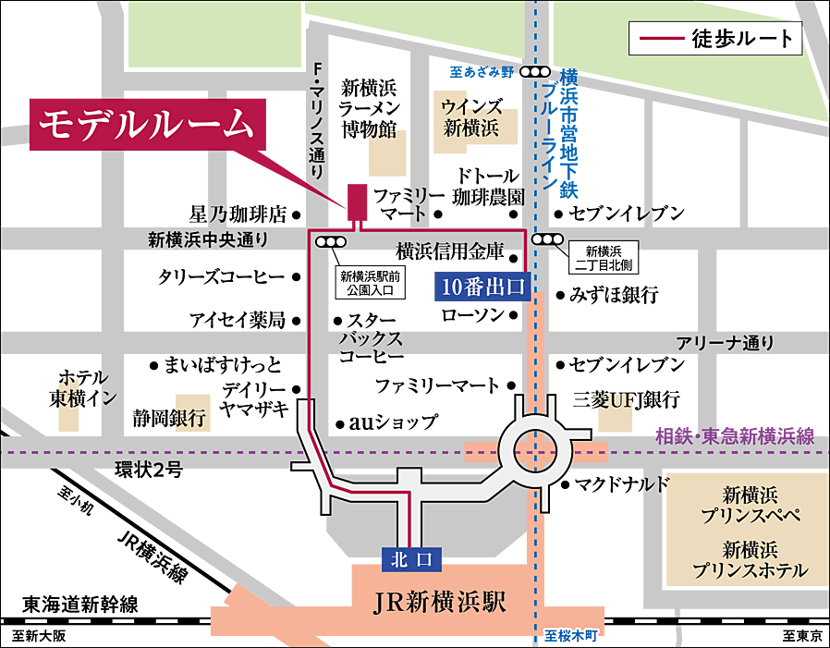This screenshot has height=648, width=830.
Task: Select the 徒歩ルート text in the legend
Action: click(741, 39)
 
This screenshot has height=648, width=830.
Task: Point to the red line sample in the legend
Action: click(659, 40)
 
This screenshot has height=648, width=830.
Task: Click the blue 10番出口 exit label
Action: click(480, 286)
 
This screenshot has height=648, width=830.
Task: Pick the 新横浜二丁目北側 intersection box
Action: click(604, 257)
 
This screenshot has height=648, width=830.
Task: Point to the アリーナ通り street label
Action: click(725, 343)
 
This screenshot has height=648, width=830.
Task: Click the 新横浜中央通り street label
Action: click(208, 240)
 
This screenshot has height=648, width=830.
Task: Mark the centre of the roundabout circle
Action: click(535, 452)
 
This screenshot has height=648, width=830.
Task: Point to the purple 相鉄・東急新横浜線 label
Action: click(734, 434)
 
